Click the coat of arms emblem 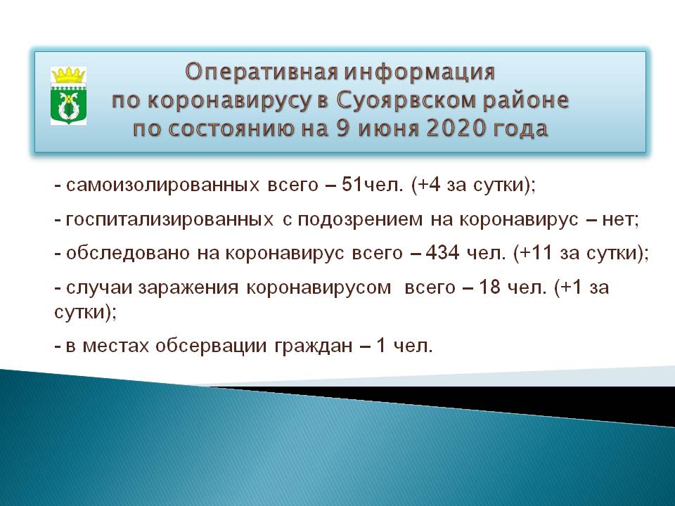(68, 96)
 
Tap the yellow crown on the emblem (68, 75)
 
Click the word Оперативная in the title (262, 72)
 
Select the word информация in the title (419, 72)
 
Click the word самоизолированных (162, 185)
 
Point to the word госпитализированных (169, 219)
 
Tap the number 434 (442, 252)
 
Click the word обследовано (128, 253)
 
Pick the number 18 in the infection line (489, 287)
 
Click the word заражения (188, 288)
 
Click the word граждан (314, 346)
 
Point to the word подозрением (360, 220)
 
